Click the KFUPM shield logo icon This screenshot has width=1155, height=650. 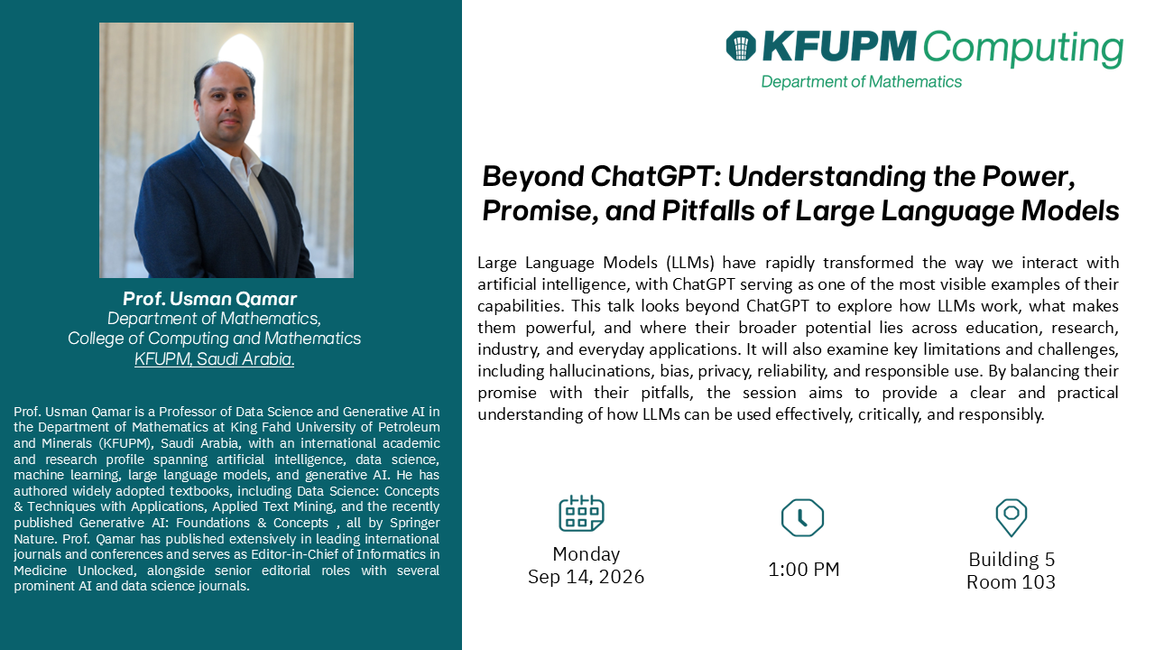coord(741,46)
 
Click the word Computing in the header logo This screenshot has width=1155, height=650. coord(1023,49)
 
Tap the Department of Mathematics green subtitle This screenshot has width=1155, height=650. coord(861,81)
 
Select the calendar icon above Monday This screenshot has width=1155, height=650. coord(582,513)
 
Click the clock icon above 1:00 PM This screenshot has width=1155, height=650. coord(802,517)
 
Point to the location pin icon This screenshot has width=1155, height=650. coord(1012,517)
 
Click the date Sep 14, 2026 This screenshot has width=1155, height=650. coord(586,577)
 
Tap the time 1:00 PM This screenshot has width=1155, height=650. coord(804,570)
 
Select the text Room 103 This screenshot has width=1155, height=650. coord(1012,582)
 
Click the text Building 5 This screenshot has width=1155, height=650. coord(1012,560)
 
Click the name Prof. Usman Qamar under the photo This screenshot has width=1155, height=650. coord(210,299)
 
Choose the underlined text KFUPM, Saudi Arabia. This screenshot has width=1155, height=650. coord(215,359)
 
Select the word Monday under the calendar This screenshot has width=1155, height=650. coord(587,554)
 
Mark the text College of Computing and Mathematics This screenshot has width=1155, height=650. coord(215,339)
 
